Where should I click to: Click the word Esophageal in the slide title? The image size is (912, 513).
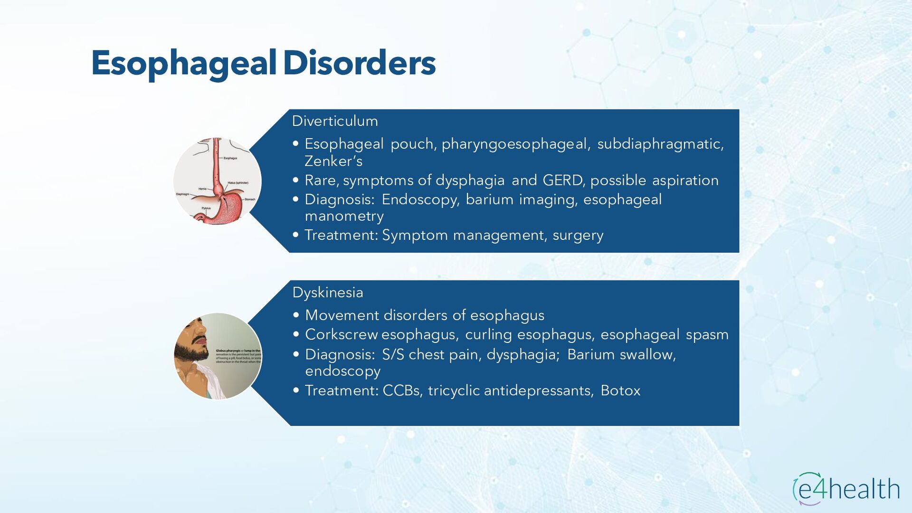tap(183, 63)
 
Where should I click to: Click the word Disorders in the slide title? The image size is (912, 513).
tap(359, 63)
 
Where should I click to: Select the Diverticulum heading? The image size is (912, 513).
tap(335, 121)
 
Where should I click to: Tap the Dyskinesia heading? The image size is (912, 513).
tap(328, 293)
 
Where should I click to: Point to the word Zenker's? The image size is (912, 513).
tap(333, 161)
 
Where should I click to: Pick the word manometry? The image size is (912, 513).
tap(344, 217)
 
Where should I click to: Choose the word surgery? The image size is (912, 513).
tap(578, 235)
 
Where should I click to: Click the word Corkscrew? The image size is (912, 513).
tap(342, 334)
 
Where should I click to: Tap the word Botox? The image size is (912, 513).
tap(620, 390)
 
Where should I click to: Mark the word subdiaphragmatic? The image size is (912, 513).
tap(660, 144)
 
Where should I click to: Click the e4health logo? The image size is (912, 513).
tap(846, 488)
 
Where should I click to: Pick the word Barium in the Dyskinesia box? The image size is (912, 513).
tap(591, 354)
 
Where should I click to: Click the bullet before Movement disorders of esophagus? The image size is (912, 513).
tap(296, 315)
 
